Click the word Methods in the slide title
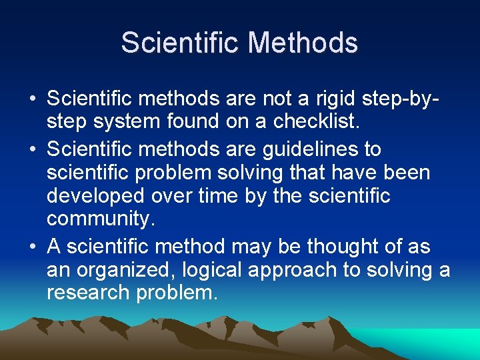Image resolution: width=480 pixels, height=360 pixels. point(303,43)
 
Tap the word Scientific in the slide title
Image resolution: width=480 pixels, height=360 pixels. point(182,43)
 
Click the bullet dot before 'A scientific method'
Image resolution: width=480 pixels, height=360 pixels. point(33,247)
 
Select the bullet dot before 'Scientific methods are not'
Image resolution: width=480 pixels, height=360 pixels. point(33,99)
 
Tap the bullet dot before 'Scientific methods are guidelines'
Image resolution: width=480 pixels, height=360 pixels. point(33,149)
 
